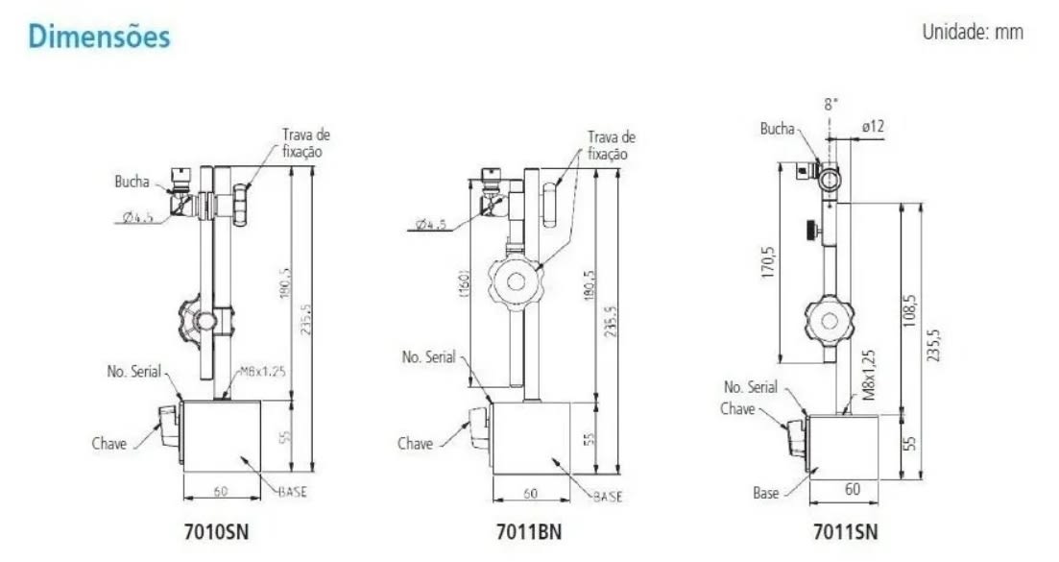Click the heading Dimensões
[x=99, y=36]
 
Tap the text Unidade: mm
[x=972, y=32]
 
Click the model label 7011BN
[x=531, y=530]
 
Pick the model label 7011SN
[x=844, y=530]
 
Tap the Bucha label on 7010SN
[x=132, y=183]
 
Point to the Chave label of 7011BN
[x=415, y=443]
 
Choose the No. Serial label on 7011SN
[x=750, y=387]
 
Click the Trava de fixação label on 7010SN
[x=305, y=143]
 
